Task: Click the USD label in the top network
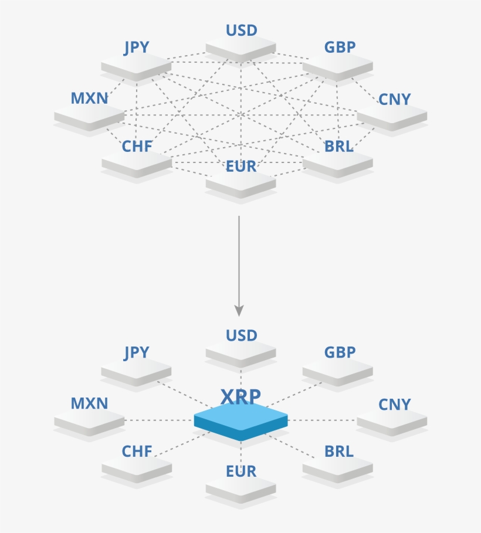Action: click(242, 30)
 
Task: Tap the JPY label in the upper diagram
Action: click(137, 47)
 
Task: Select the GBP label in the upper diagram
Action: click(340, 47)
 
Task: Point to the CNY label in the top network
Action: click(395, 100)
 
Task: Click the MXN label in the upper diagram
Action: click(89, 99)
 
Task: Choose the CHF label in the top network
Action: click(137, 147)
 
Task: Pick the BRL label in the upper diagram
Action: click(339, 147)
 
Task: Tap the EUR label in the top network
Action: click(241, 167)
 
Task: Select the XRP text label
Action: click(240, 397)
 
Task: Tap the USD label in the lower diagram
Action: click(242, 336)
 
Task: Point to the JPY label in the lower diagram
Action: click(137, 353)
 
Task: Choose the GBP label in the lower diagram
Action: click(340, 353)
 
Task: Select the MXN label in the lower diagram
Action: click(89, 404)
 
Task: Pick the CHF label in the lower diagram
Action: click(137, 452)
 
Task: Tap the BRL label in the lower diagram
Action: click(339, 452)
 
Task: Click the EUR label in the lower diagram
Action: click(241, 472)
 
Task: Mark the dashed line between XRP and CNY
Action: click(323, 420)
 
